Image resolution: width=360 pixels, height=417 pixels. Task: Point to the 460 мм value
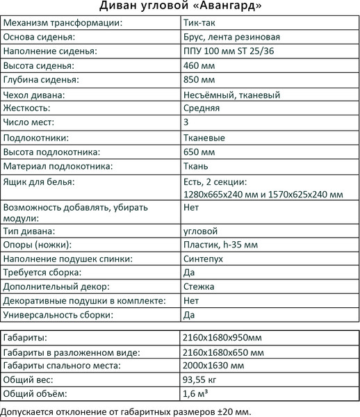tap(197, 65)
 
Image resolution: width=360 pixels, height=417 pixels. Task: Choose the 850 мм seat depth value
tap(197, 80)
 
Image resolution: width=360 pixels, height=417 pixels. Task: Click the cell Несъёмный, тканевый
tap(233, 95)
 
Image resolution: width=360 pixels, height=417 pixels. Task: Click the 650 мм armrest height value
tap(197, 152)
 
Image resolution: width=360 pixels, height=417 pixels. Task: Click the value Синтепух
tap(202, 259)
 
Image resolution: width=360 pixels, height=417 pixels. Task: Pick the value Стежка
tap(197, 287)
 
